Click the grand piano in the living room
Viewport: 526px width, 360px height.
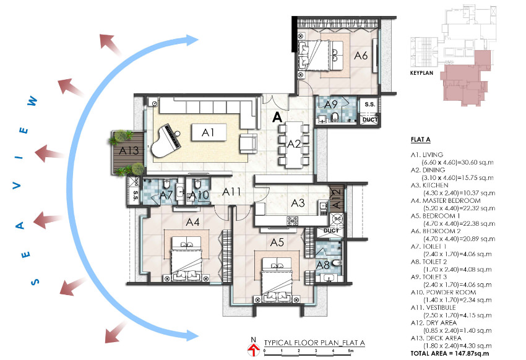166,140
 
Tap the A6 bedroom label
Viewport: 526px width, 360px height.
361,55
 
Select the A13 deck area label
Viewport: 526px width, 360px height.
129,150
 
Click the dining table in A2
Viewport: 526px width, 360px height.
294,144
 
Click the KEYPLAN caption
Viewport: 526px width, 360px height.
421,73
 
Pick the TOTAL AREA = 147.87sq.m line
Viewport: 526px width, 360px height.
450,353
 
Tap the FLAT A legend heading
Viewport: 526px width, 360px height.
421,139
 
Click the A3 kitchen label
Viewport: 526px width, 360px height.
298,203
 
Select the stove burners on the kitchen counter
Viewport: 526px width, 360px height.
292,221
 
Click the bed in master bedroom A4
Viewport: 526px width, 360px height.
187,259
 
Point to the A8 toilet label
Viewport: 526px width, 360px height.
322,265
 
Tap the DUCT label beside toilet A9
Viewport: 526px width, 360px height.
370,119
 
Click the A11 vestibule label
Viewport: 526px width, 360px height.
231,192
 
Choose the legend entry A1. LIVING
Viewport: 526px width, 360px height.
427,155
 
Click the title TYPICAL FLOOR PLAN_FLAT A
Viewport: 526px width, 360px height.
314,343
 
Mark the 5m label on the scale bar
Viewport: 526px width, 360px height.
350,351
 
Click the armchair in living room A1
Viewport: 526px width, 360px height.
248,144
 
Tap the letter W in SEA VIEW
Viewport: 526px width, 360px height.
32,101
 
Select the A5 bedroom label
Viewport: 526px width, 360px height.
277,242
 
